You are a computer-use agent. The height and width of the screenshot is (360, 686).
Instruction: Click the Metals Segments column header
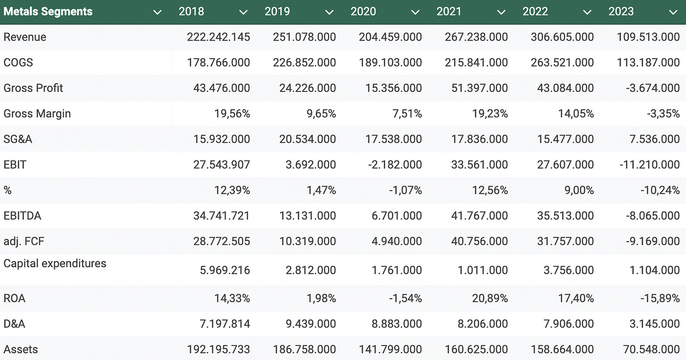(x=48, y=12)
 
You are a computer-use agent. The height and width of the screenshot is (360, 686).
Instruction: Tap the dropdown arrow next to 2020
(x=415, y=12)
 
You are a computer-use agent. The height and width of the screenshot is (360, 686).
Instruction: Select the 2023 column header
(x=621, y=12)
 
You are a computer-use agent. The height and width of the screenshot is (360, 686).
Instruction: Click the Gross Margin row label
(x=37, y=114)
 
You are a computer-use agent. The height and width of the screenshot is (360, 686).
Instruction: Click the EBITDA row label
(x=23, y=216)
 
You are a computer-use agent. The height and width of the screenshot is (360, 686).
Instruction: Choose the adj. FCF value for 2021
(x=476, y=241)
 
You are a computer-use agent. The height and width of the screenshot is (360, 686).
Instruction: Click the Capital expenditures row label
(x=55, y=263)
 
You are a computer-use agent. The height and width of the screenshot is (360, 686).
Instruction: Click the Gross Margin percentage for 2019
(x=320, y=114)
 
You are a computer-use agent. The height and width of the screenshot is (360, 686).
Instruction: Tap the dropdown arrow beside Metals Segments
(x=157, y=12)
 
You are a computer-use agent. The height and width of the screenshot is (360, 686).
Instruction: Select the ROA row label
(x=15, y=298)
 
